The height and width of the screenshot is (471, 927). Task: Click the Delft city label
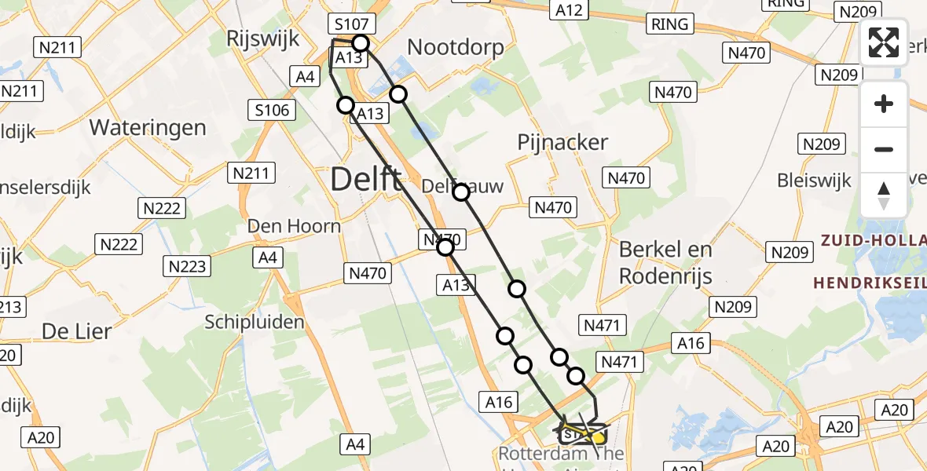[366, 180]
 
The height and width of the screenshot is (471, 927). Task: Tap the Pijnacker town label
[562, 142]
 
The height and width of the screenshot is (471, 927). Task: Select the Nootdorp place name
[456, 48]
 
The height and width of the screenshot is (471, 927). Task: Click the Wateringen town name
[148, 127]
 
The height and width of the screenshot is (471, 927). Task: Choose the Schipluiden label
[255, 322]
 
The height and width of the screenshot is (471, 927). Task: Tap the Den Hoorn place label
[294, 226]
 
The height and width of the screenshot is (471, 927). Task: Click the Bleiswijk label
[814, 181]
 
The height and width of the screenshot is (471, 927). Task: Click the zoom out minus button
[884, 149]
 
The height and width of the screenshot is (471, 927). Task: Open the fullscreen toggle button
[884, 42]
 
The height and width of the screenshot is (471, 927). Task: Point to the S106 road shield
[272, 111]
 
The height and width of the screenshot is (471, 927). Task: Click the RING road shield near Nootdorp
[670, 24]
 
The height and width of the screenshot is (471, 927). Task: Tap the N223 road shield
[188, 266]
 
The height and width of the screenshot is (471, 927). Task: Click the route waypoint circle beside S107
[361, 43]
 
